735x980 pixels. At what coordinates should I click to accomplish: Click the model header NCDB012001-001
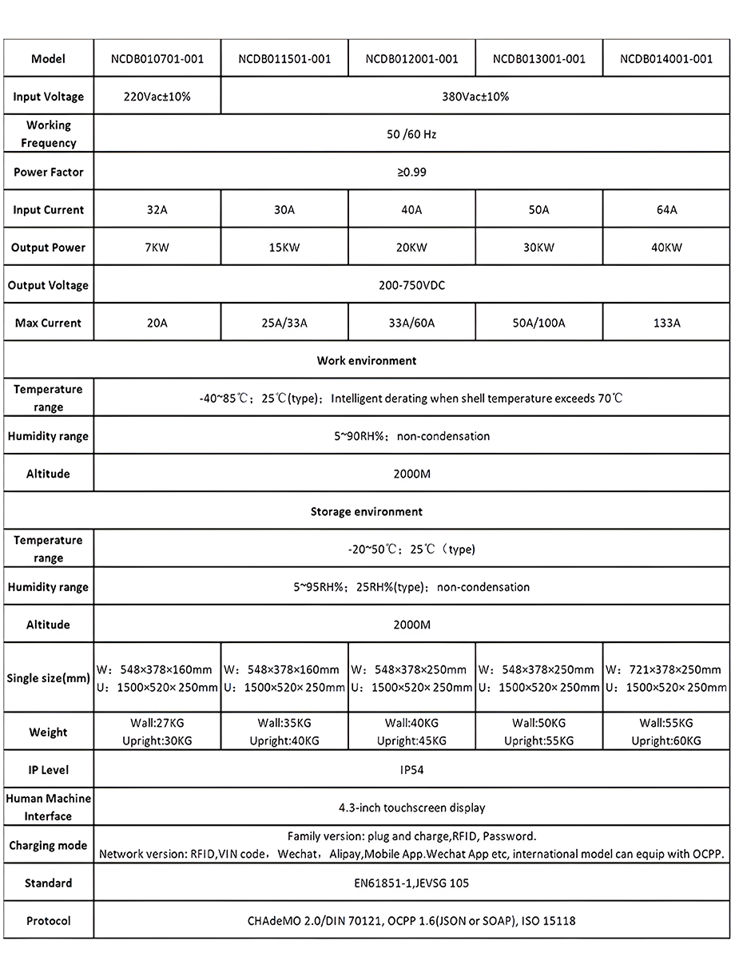(411, 58)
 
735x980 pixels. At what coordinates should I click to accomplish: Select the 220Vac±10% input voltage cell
(157, 97)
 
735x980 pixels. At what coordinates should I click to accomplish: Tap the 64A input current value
(666, 210)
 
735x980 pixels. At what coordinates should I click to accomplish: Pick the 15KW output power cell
(284, 248)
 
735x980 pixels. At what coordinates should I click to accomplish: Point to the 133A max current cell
(666, 323)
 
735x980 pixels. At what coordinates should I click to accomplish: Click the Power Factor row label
(48, 172)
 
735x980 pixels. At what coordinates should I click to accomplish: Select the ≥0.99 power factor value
(411, 172)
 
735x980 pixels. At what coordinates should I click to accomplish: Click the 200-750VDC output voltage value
(411, 285)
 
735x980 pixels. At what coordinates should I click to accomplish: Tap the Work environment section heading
(367, 361)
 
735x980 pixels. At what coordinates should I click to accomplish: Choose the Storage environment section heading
(367, 511)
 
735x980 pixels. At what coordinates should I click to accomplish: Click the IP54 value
(411, 770)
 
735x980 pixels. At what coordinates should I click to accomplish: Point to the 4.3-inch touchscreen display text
(411, 807)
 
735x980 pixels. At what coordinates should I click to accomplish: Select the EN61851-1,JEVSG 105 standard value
(411, 883)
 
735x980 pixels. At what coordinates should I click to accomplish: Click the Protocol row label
(48, 921)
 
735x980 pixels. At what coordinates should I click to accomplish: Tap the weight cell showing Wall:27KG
(157, 732)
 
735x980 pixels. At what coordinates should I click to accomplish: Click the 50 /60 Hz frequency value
(411, 134)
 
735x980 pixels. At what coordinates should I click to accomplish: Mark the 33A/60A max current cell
(411, 323)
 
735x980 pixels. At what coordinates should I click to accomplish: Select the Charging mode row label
(48, 845)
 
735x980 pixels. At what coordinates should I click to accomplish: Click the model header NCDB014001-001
(666, 58)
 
